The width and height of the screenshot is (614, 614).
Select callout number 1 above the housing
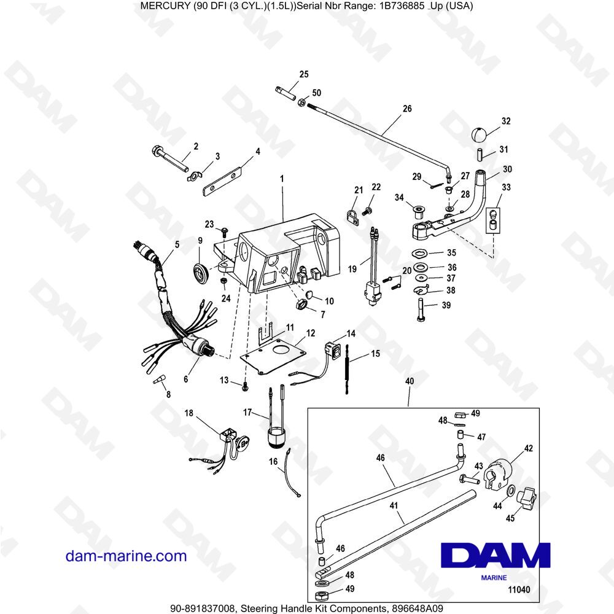coord(282,179)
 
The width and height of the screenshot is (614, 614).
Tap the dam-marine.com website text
coord(126,556)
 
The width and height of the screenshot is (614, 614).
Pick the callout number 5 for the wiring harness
coord(177,244)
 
